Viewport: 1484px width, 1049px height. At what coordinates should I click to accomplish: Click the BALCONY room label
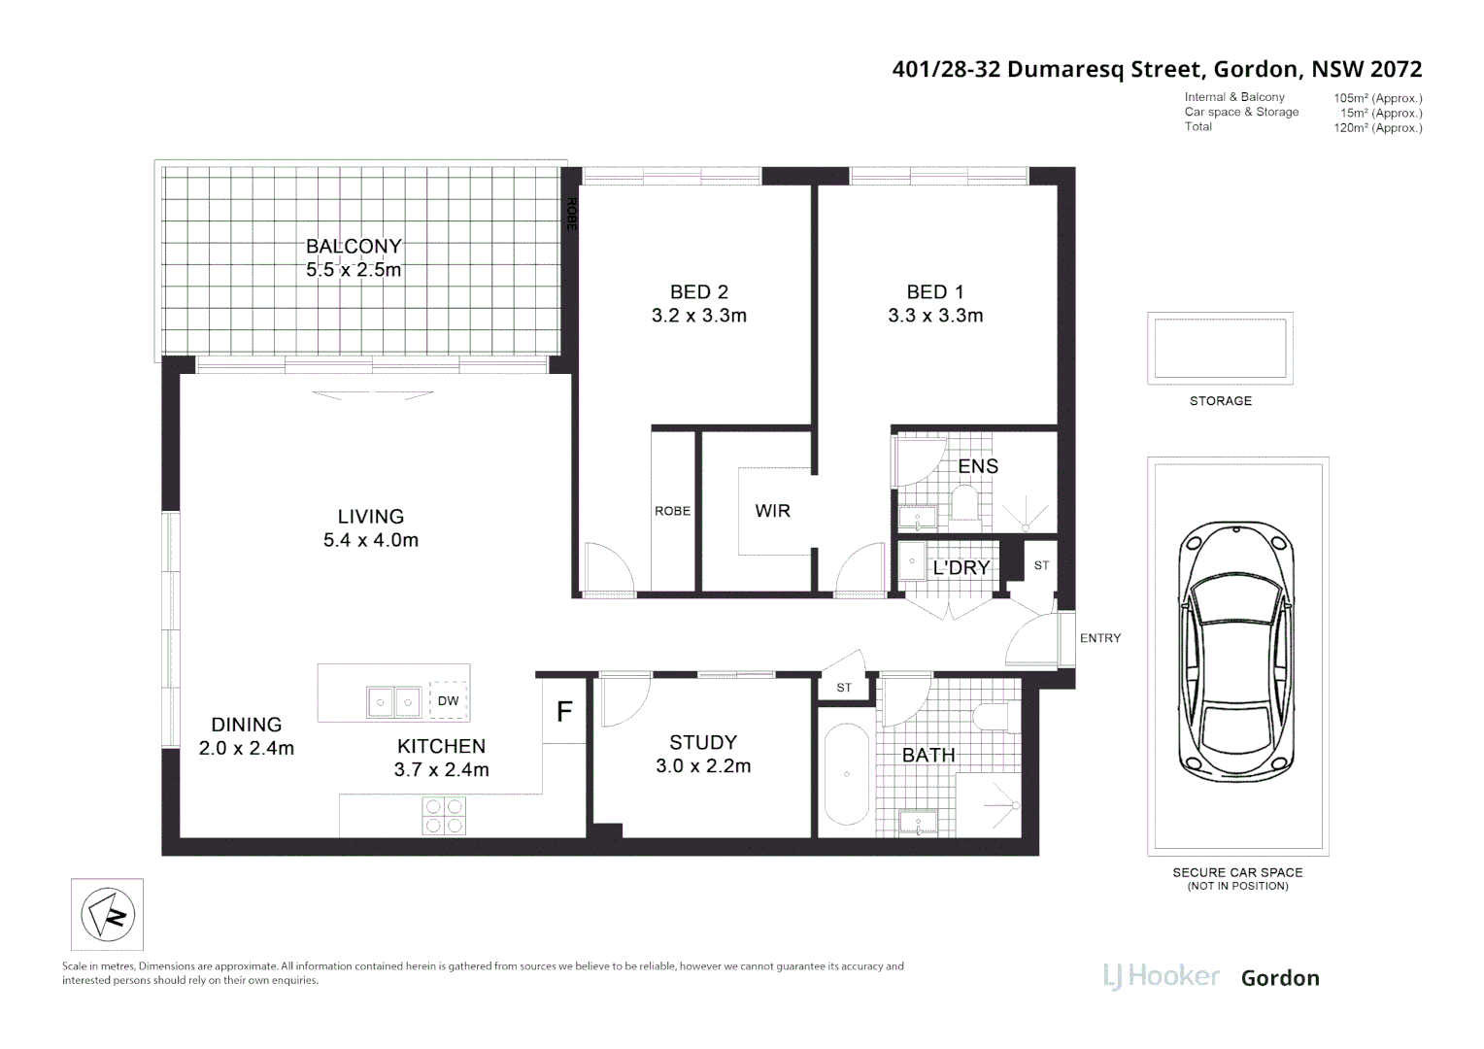(x=354, y=247)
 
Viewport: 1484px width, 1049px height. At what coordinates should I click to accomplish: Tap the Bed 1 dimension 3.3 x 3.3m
(x=935, y=316)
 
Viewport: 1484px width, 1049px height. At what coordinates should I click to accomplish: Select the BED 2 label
(x=698, y=292)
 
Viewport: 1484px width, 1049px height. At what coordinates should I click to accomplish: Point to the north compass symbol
(x=107, y=914)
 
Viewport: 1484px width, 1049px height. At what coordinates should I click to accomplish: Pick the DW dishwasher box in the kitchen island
(x=448, y=700)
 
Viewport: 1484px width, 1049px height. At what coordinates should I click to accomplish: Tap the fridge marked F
(x=564, y=712)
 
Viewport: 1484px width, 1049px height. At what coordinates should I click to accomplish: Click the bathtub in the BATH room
(x=846, y=774)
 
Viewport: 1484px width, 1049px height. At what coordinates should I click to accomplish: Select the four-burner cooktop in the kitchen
(x=443, y=816)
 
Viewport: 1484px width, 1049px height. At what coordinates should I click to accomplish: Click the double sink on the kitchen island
(x=393, y=701)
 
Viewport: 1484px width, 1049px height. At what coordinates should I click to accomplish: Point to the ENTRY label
(x=1099, y=638)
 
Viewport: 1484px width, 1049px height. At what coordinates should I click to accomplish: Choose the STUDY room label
(x=702, y=743)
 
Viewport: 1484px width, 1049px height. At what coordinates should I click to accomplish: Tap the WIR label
(x=772, y=511)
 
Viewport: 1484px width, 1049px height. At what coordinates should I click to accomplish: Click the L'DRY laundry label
(x=961, y=568)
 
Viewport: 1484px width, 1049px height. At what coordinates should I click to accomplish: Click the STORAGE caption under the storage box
(x=1220, y=401)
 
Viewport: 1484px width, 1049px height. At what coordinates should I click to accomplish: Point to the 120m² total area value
(x=1377, y=128)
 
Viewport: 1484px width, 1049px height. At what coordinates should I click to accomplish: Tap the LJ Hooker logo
(x=1161, y=976)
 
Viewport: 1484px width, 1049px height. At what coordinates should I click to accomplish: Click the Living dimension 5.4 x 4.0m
(x=371, y=541)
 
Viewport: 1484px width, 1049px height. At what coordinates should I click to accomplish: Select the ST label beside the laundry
(x=1041, y=565)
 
